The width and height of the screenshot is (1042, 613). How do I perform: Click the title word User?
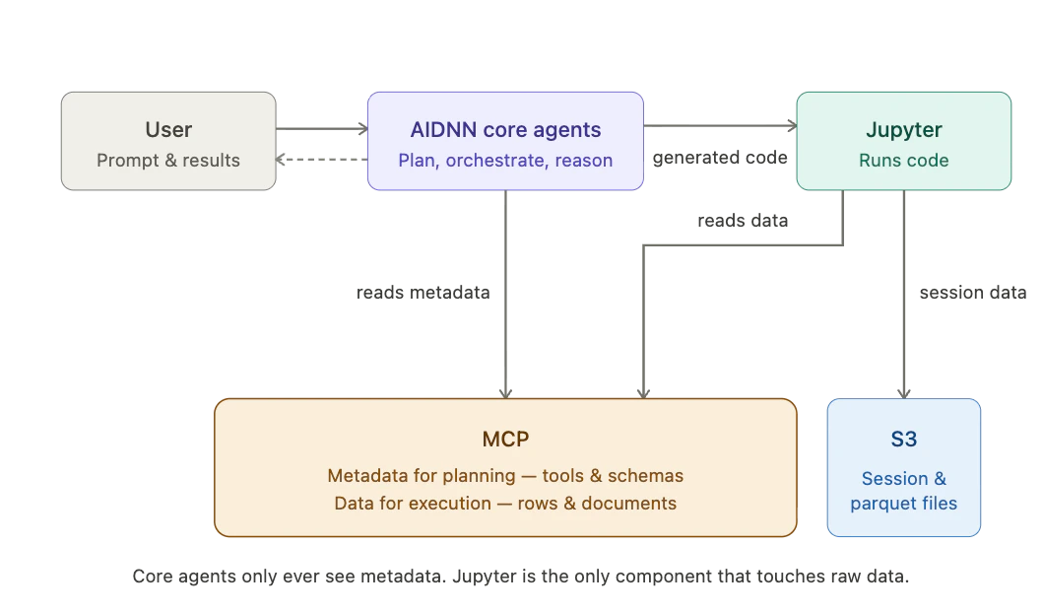tap(168, 129)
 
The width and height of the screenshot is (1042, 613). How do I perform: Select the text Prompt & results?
tap(168, 161)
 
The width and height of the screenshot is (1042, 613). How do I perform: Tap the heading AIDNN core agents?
tap(505, 129)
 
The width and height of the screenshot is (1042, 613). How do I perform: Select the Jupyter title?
tap(903, 129)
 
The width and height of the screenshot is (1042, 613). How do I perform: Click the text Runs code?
tap(903, 161)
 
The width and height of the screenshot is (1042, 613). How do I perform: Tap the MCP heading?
tap(505, 439)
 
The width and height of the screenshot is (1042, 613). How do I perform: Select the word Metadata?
tap(368, 476)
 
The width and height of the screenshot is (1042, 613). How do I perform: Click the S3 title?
tap(903, 439)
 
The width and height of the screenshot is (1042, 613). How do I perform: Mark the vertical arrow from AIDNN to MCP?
tap(507, 296)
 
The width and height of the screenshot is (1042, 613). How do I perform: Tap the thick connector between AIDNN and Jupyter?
tap(720, 126)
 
